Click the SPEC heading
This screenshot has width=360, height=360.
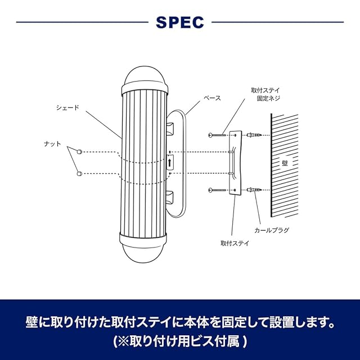coord(179,22)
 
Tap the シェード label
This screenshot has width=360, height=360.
coord(67,107)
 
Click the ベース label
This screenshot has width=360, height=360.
coord(213,97)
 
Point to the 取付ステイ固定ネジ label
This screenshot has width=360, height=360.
coord(265,94)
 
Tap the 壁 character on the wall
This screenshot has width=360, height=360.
coord(285,163)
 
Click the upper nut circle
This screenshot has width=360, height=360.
coord(79,152)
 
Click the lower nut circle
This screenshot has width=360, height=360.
coord(79,173)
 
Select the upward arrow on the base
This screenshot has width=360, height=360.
coord(170,163)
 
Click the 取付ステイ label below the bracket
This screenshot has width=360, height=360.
coord(235,243)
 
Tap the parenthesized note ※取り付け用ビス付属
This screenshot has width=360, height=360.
coord(180,341)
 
